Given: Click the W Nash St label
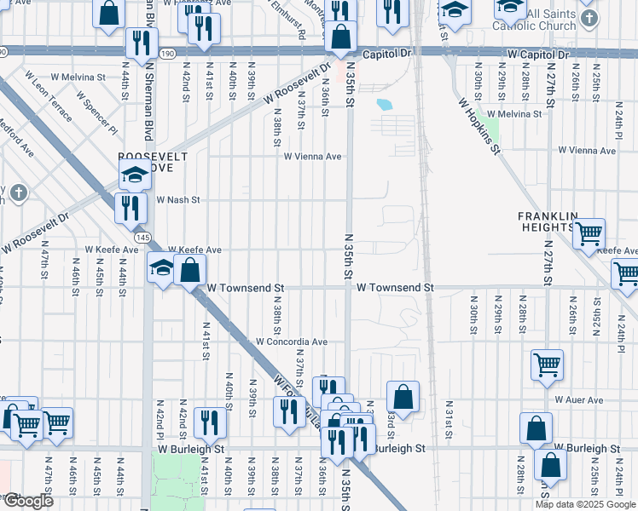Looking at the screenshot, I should click(178, 200).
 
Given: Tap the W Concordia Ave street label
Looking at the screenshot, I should click(292, 342).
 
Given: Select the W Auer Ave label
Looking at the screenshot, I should click(578, 399).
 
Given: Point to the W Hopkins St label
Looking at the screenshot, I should click(478, 126).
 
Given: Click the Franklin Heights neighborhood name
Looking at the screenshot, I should click(546, 221).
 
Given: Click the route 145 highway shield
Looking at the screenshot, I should click(142, 236).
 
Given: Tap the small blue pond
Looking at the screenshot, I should click(384, 106).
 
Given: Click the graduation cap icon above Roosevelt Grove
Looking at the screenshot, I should click(135, 175).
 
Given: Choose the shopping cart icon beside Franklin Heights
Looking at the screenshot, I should click(589, 232).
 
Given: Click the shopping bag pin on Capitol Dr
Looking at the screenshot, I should click(340, 37).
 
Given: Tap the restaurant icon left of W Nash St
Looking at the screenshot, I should click(130, 208).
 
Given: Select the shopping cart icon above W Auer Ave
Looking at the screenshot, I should click(547, 365).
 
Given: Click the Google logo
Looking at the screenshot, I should click(28, 501).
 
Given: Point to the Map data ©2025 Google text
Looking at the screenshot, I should click(586, 504).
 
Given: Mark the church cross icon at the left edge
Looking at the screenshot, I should click(17, 192).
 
